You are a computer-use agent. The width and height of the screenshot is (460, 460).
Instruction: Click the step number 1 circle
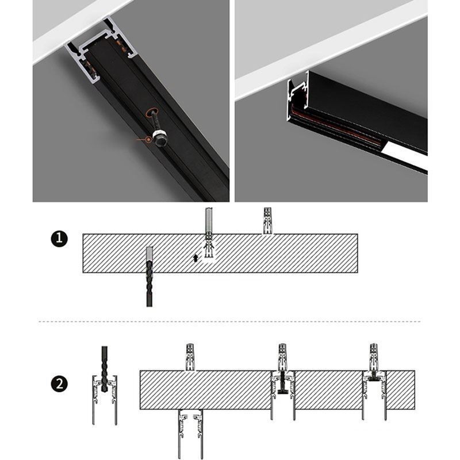pyautogui.click(x=59, y=239)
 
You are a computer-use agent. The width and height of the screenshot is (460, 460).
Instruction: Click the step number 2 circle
pyautogui.click(x=59, y=384)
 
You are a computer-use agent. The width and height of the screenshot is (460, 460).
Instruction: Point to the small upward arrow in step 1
pyautogui.click(x=196, y=258)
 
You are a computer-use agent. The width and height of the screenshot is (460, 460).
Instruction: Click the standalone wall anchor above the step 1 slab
pyautogui.click(x=267, y=220)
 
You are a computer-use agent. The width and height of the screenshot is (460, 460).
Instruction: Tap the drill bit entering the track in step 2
pyautogui.click(x=104, y=368)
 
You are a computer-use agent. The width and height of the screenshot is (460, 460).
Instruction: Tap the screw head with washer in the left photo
pyautogui.click(x=158, y=139)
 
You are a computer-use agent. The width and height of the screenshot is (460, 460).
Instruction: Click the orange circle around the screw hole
pyautogui.click(x=154, y=112)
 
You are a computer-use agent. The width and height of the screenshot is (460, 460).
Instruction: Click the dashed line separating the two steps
pyautogui.click(x=230, y=321)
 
